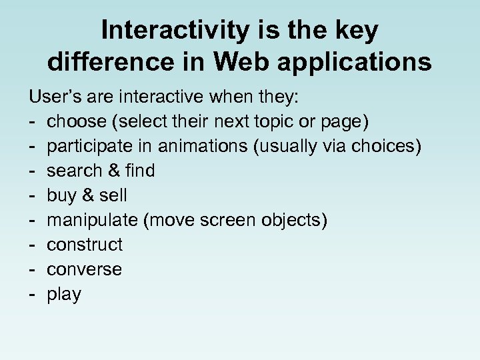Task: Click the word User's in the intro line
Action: click(x=52, y=97)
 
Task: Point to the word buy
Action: click(x=61, y=196)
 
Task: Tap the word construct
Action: click(x=85, y=245)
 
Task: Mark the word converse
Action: click(x=84, y=270)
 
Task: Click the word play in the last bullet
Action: click(x=64, y=295)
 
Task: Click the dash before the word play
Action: click(x=32, y=295)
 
